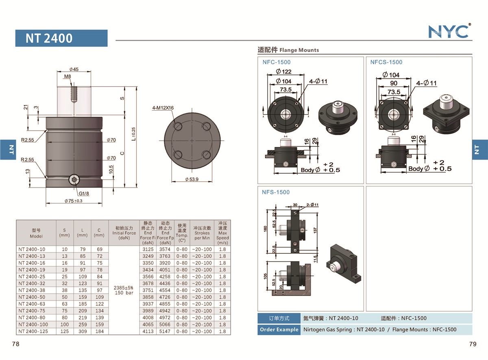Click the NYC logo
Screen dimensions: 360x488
449,31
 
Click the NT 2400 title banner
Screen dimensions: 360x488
61,38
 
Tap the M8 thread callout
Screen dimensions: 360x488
68,76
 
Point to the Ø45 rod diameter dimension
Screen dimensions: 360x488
74,69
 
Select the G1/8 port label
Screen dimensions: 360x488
84,194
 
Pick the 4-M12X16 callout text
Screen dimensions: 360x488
162,108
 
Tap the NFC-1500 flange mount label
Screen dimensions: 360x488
277,62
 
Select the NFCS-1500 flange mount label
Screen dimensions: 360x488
386,62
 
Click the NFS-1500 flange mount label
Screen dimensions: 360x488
276,192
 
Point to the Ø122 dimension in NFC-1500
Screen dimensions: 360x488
283,72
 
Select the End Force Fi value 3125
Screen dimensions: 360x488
148,249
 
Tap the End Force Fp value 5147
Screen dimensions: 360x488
165,332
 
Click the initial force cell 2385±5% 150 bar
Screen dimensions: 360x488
124,290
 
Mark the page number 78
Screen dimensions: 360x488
16,344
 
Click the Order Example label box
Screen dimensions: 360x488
279,329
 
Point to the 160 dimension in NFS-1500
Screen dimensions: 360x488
266,228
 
